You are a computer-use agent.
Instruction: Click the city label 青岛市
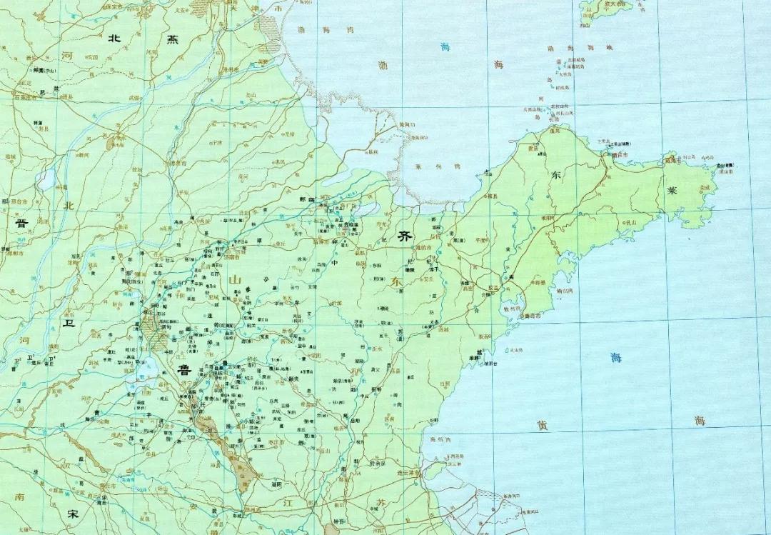pos(533,315)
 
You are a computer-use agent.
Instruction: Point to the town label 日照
pos(427,385)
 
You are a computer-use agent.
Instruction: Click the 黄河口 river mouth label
pos(407,125)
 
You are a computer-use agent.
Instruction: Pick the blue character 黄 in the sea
pos(543,425)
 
